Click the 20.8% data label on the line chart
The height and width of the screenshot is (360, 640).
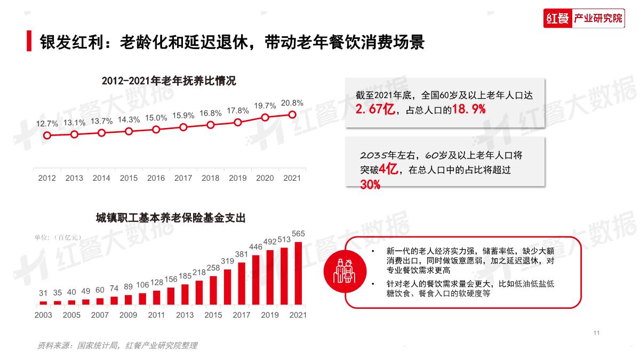[292, 103]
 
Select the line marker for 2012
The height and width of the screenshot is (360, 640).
[47, 135]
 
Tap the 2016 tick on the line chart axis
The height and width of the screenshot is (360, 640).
[156, 178]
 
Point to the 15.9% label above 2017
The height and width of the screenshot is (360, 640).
[183, 115]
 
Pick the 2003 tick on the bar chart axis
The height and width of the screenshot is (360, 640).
[43, 315]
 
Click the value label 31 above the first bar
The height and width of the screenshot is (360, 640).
[43, 293]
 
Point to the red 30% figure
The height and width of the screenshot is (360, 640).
[370, 185]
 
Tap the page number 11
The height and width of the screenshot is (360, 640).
[596, 333]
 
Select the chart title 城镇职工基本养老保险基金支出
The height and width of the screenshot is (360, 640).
[171, 218]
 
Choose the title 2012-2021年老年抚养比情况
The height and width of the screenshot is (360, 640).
[169, 82]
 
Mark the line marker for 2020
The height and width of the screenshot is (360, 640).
[265, 117]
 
